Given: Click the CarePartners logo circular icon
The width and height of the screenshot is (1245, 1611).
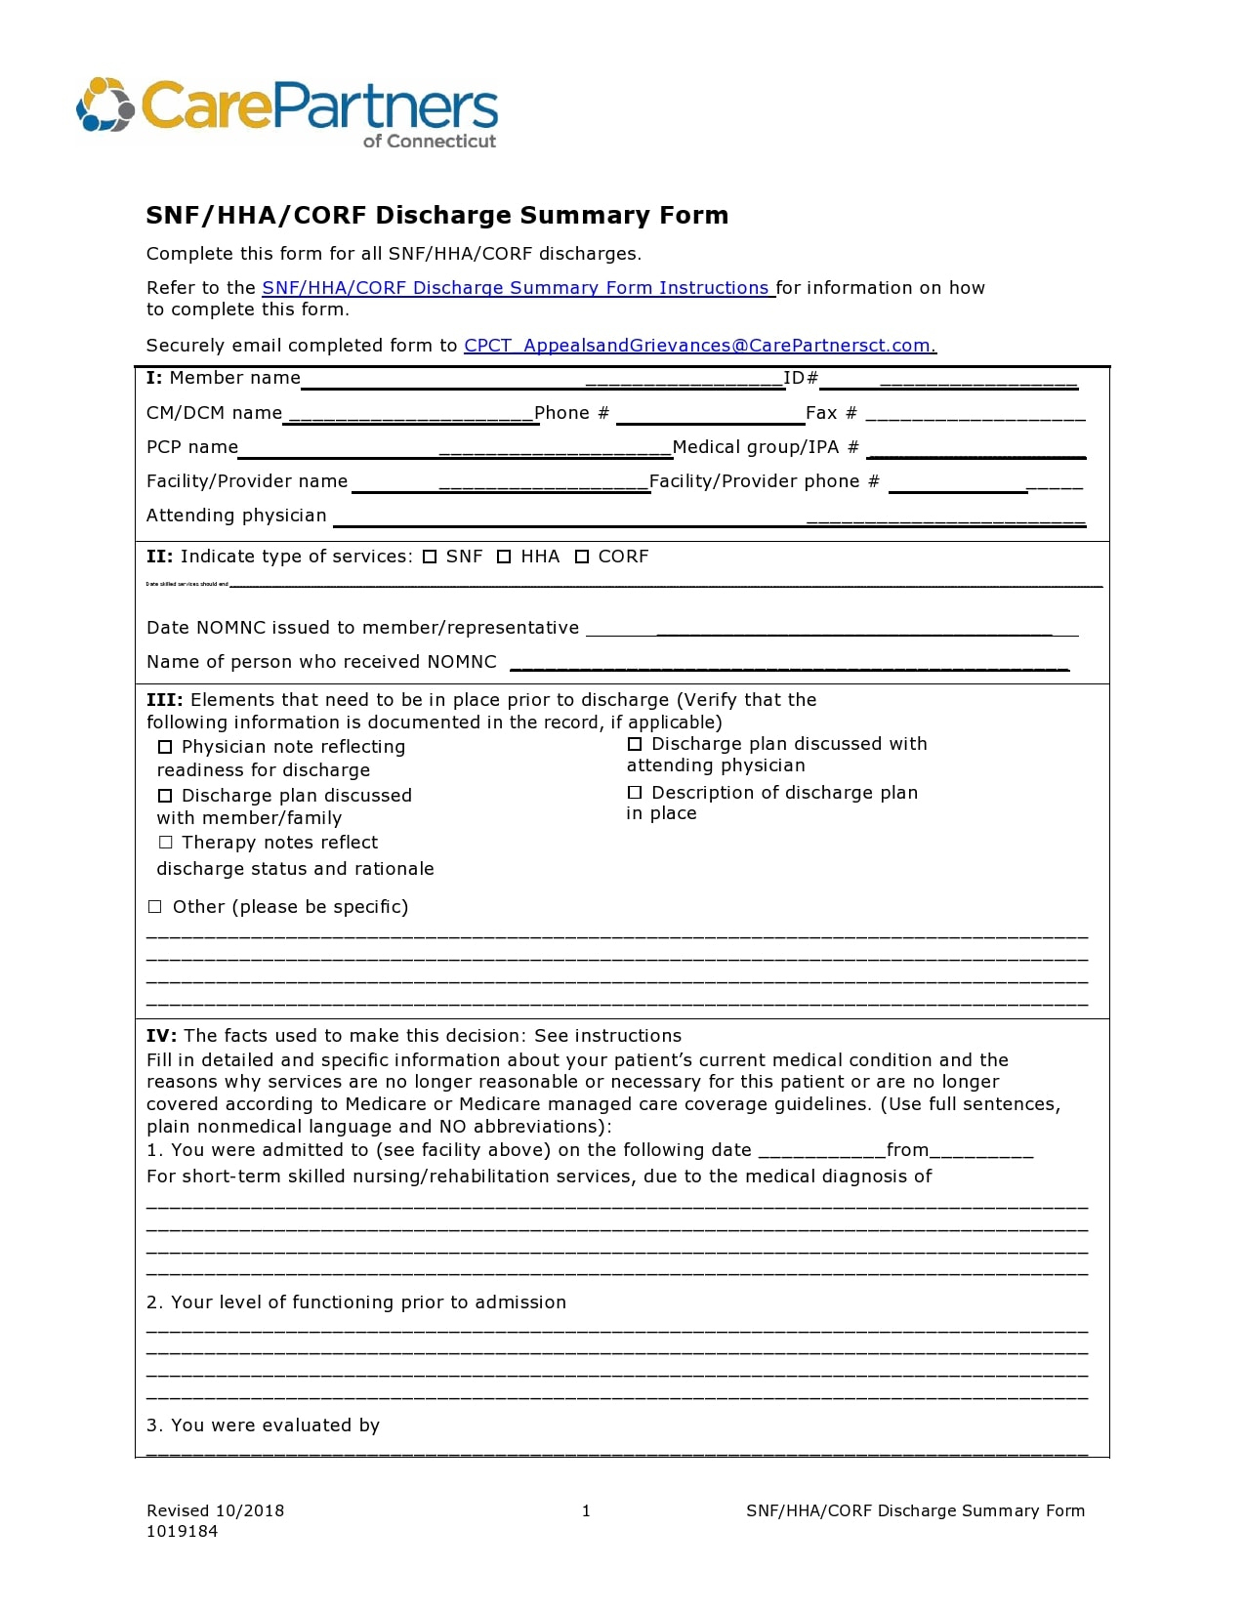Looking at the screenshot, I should (x=104, y=104).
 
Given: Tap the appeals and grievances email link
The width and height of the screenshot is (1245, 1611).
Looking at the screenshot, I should (x=698, y=346).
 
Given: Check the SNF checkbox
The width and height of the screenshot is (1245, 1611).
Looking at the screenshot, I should (x=430, y=558).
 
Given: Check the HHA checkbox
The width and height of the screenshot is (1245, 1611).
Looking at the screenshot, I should (x=504, y=558).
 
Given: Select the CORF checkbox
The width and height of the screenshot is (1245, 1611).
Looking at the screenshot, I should (x=582, y=558).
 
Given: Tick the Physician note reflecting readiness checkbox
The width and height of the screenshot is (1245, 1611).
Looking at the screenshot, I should (x=165, y=748).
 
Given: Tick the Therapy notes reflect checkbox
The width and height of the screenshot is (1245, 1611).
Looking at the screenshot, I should (x=165, y=843).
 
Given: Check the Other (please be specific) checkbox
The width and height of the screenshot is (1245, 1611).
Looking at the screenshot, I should (x=154, y=907).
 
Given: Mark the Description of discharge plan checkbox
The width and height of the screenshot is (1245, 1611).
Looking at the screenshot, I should (x=635, y=793).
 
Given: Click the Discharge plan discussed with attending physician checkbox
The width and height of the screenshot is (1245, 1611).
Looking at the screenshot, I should (x=635, y=745).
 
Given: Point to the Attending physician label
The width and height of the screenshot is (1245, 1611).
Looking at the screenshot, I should (x=236, y=516).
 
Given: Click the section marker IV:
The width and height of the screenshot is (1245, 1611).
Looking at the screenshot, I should (x=161, y=1036).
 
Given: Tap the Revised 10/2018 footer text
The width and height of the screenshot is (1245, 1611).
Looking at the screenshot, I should (x=215, y=1511).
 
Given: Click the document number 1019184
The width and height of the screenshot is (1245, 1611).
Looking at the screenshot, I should (x=182, y=1532).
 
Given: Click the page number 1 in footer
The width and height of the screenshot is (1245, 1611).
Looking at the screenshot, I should (x=586, y=1511).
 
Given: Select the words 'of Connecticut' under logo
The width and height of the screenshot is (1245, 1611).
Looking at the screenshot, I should (x=430, y=142).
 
